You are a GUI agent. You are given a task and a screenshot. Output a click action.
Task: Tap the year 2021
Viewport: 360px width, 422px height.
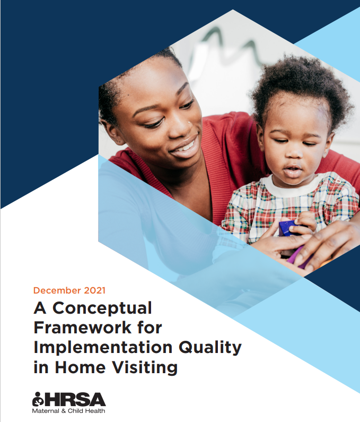pyautogui.click(x=94, y=290)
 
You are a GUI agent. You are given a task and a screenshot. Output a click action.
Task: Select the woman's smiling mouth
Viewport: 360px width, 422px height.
pyautogui.click(x=185, y=146)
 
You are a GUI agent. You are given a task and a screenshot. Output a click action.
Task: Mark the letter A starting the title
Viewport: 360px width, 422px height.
pyautogui.click(x=40, y=308)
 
